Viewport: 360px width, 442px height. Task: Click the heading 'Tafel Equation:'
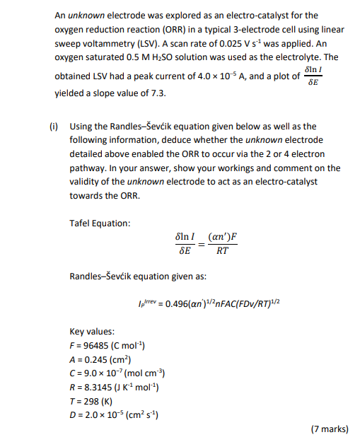click(100, 223)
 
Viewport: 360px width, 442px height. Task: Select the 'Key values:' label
click(92, 331)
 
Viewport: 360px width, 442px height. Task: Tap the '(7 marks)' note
click(330, 429)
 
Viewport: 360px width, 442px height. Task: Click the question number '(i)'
click(53, 127)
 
